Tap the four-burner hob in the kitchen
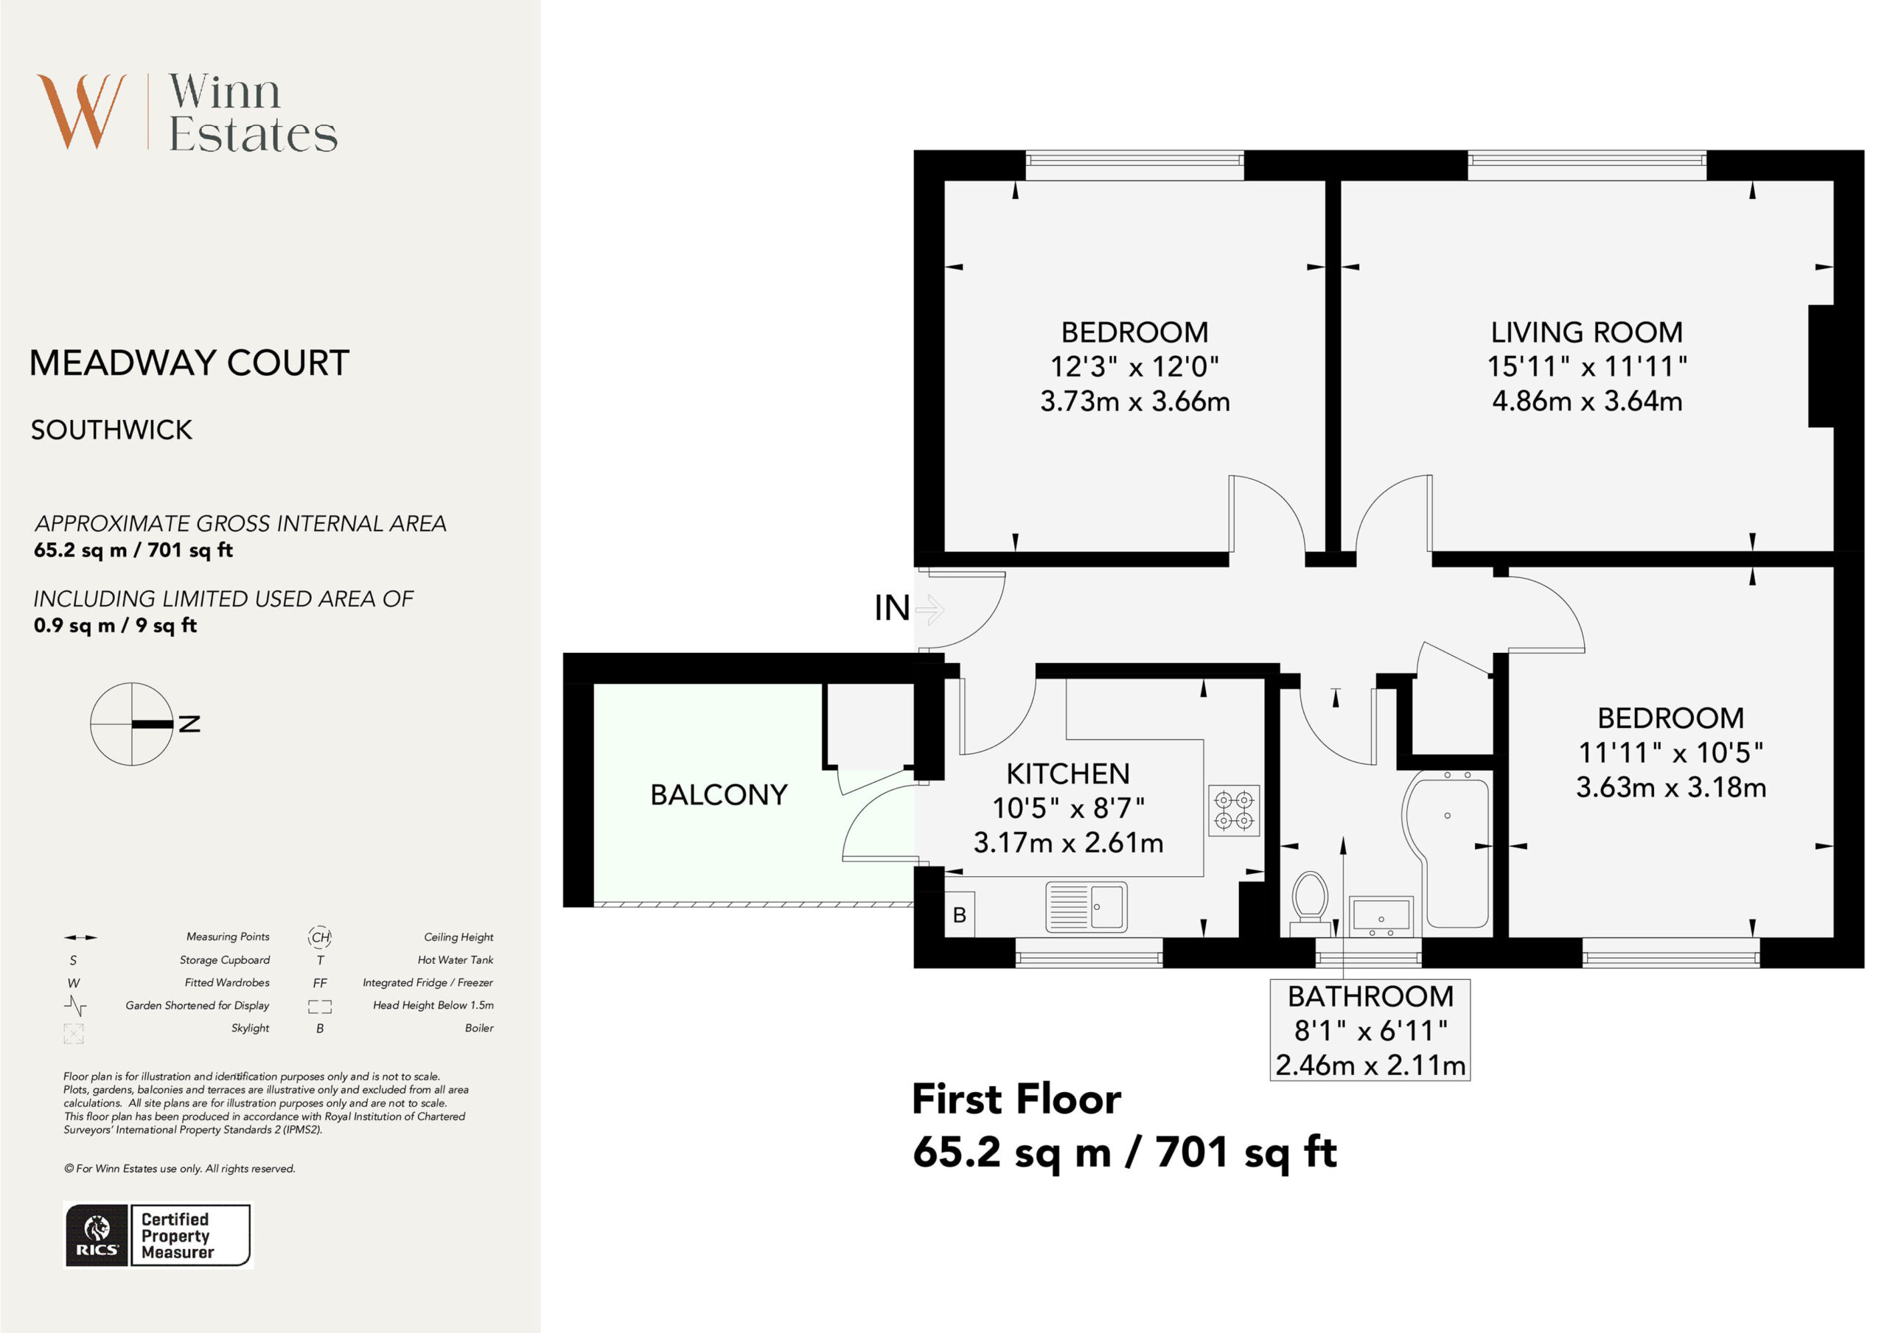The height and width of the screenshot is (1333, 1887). [1234, 811]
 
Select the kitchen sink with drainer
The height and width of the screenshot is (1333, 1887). [1086, 906]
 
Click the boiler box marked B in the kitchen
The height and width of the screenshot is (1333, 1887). [959, 914]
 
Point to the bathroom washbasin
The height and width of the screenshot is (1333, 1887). [1381, 917]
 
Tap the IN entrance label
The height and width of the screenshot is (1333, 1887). [892, 608]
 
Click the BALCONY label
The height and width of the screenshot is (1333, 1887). [719, 794]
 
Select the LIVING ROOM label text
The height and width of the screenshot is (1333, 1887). [1587, 332]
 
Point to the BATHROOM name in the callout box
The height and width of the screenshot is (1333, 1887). [1371, 996]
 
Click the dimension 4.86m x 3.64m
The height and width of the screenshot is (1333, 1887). [1587, 401]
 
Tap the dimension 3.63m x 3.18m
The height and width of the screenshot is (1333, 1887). [1671, 787]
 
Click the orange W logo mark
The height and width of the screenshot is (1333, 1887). [81, 111]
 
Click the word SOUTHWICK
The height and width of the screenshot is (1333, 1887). [112, 430]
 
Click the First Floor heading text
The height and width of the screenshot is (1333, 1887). [1016, 1099]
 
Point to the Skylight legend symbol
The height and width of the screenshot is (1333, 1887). [74, 1034]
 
